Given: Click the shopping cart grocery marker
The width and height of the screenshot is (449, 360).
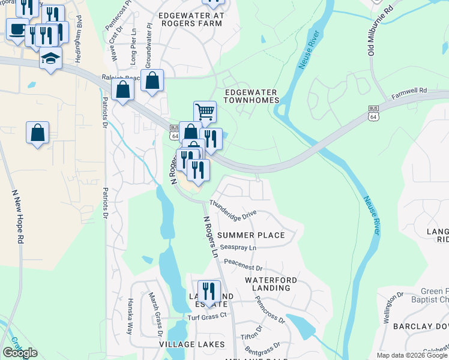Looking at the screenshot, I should coord(205,111).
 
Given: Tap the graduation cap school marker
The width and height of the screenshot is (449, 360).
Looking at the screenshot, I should coord(51,58).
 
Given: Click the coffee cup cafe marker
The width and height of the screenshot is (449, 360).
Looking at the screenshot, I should coord(17,28).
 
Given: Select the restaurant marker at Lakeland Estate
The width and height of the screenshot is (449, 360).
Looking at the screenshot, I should coord(209,292).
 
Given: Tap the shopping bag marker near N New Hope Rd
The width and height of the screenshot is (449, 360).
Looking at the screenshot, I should coord(37,133).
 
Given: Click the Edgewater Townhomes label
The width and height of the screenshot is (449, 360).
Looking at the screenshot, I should coord(251,96).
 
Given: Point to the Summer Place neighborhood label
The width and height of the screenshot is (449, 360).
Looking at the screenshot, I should coord(251,235).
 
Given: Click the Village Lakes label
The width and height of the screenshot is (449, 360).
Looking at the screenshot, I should coord(191,344).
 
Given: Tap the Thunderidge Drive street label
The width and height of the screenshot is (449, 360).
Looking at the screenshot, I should coord(233,209).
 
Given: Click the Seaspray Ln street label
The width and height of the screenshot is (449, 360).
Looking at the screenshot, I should coord(238,247).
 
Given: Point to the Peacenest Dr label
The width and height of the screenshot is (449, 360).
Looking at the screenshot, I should coord(243,265).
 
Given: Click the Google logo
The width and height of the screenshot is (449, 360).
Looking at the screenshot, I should coord(20,352).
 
